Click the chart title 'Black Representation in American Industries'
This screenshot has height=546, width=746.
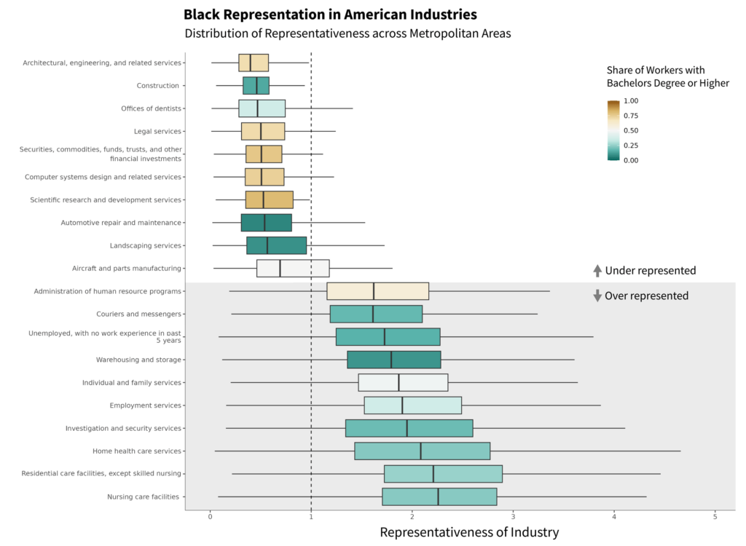330,15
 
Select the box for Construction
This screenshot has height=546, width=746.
256,86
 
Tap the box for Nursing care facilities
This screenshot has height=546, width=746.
439,496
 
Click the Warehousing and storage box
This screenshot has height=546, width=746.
393,360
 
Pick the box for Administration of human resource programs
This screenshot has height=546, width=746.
377,291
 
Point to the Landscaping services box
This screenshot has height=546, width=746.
276,245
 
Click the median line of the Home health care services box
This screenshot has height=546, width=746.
420,451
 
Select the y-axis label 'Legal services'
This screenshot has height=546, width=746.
157,132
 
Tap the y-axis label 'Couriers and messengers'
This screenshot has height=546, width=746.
138,314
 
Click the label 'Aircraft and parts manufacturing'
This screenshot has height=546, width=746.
127,269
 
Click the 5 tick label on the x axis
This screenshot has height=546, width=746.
715,516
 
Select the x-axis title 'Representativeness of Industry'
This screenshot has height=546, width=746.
469,532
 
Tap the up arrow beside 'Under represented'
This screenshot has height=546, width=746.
597,271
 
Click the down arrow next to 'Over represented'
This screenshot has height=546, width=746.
597,296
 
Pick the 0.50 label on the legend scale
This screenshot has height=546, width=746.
631,131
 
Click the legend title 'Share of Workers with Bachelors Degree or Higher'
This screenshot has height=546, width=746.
667,76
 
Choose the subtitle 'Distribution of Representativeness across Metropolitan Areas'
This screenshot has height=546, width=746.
348,33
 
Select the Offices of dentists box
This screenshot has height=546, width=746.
262,108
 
